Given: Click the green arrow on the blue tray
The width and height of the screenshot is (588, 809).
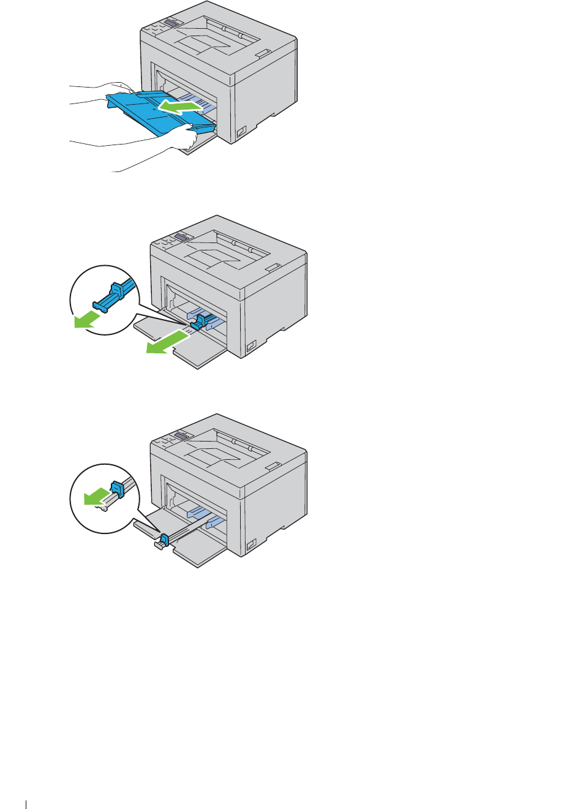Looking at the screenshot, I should tap(179, 108).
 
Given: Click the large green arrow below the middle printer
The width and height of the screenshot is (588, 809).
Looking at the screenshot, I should tap(166, 342).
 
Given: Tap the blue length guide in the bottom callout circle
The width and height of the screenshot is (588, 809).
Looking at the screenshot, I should tap(118, 489).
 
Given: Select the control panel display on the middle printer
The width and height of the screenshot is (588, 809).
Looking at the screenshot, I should tap(181, 236).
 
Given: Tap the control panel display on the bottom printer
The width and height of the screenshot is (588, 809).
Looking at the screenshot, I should tap(181, 435).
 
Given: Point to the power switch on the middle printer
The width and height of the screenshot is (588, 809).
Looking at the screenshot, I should tap(251, 347).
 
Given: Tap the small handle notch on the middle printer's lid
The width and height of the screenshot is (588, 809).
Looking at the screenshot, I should tap(273, 267).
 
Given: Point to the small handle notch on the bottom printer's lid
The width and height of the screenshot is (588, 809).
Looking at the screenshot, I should tap(273, 466).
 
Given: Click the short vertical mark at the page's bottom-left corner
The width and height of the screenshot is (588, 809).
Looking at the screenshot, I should tap(26, 803).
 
